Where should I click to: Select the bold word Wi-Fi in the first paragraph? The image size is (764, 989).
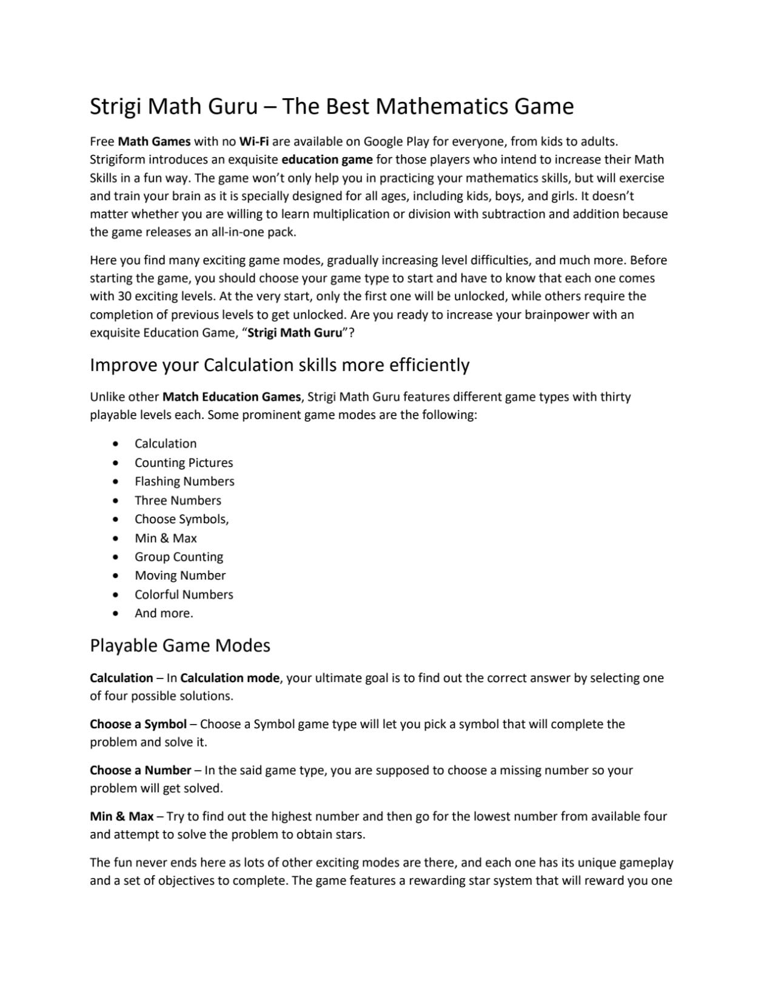point(254,142)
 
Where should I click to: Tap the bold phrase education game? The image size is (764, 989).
point(327,160)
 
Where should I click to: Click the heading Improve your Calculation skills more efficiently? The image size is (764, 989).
point(280,365)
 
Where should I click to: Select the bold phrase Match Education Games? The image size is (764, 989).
point(232,397)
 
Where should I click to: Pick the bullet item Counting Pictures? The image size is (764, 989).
point(184,463)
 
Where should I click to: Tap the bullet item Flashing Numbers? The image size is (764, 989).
point(184,481)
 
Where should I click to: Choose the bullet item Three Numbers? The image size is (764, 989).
point(178,501)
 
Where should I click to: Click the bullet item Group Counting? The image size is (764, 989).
point(179,557)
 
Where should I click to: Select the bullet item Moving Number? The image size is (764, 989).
point(180,576)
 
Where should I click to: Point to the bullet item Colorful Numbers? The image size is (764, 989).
point(184,595)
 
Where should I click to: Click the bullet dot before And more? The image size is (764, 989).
point(116,614)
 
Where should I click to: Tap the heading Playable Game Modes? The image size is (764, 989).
point(180,646)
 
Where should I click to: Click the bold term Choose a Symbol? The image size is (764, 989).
point(138,725)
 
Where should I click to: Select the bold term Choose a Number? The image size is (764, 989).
point(141,771)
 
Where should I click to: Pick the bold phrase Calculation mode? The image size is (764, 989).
point(230,679)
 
